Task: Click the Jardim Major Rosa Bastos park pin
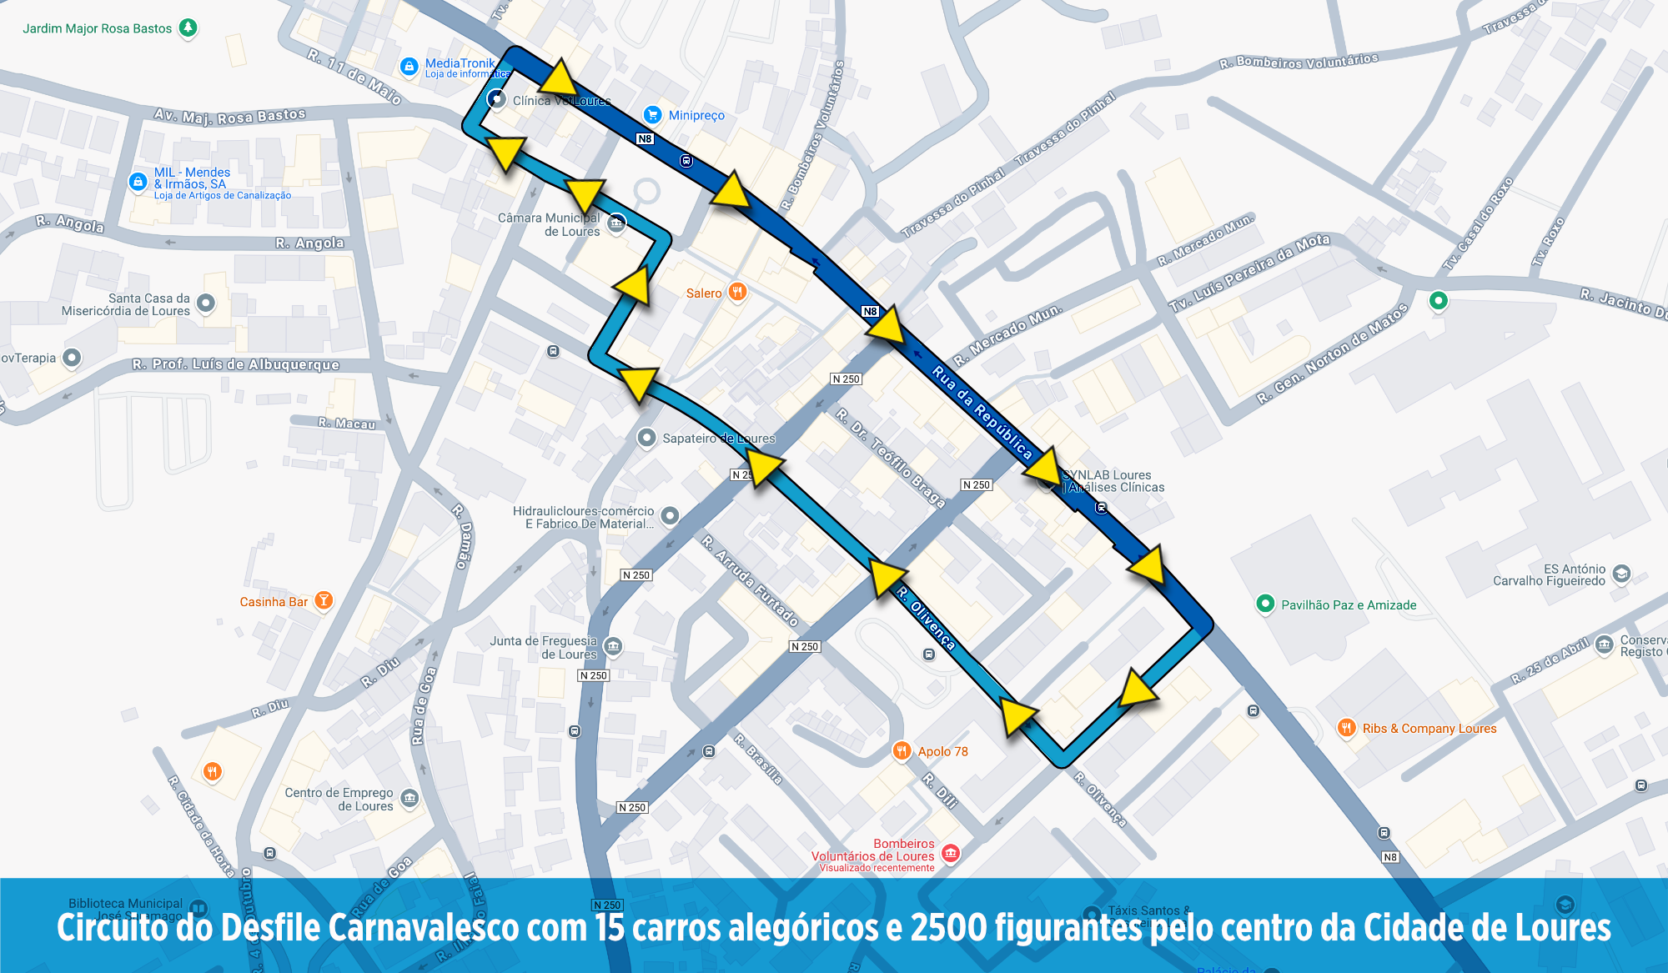point(188,28)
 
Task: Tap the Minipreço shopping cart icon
point(652,115)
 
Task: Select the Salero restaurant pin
point(737,292)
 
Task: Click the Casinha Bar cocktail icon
point(324,600)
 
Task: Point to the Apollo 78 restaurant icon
point(902,750)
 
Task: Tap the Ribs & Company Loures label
point(1429,729)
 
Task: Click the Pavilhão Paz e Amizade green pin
point(1265,604)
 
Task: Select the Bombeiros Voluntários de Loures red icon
point(950,853)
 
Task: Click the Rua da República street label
point(982,413)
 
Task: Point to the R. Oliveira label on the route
point(926,618)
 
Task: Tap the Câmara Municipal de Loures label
point(549,224)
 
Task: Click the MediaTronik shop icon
point(409,67)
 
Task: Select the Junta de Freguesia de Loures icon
point(613,646)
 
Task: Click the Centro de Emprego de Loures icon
point(409,798)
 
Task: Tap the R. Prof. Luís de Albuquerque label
point(236,364)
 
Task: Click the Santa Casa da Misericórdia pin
point(206,303)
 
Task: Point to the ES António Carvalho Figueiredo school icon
point(1621,574)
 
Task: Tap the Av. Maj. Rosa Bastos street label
point(230,116)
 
